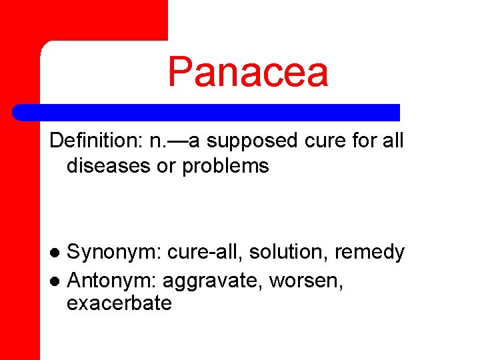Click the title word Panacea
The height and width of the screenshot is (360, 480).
pyautogui.click(x=248, y=72)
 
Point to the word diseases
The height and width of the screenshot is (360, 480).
pyautogui.click(x=108, y=166)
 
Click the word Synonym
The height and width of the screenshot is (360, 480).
pyautogui.click(x=114, y=253)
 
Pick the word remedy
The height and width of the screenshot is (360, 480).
pyautogui.click(x=369, y=253)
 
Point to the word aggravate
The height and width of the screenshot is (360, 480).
pyautogui.click(x=213, y=281)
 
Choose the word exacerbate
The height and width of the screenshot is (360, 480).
pyautogui.click(x=119, y=304)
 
